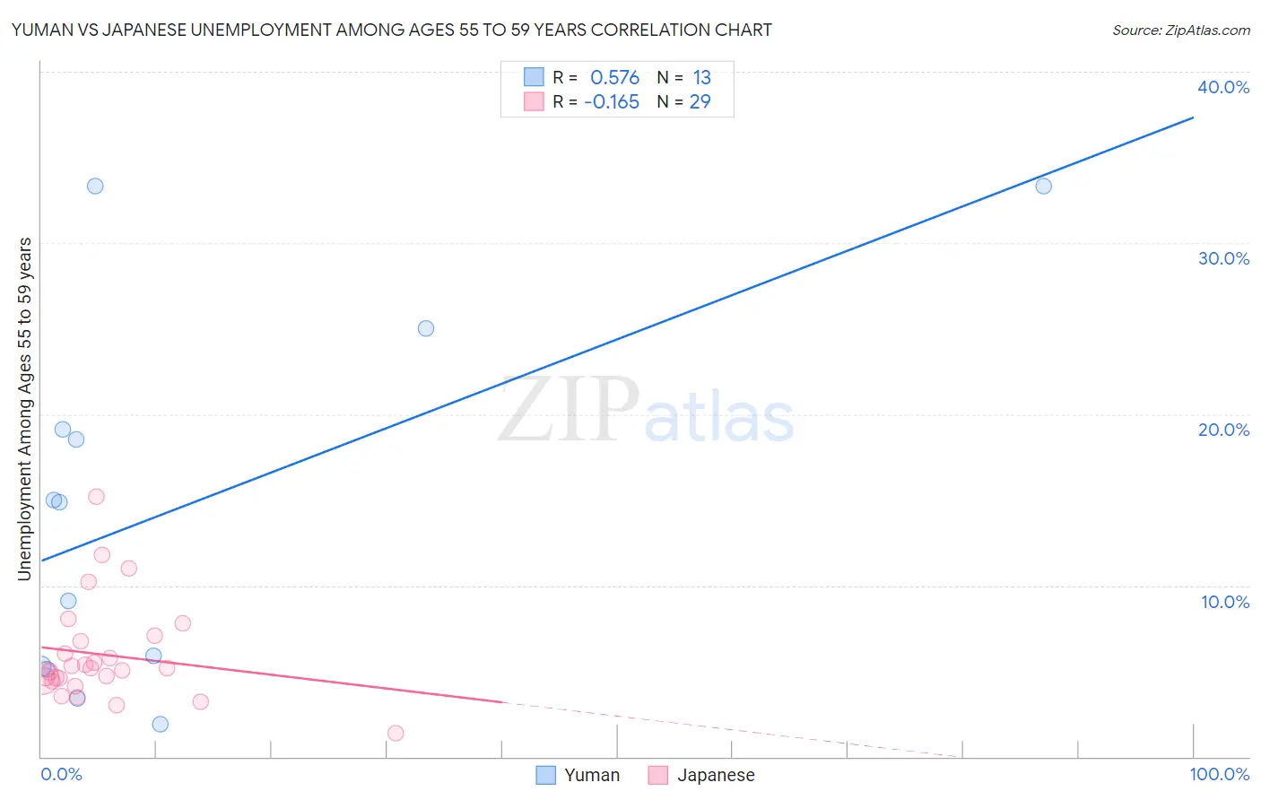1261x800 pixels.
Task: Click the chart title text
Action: click(391, 30)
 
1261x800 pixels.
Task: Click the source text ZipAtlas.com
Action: click(1180, 30)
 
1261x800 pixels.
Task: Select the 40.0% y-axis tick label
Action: click(1223, 87)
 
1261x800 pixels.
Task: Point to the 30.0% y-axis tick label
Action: click(1223, 258)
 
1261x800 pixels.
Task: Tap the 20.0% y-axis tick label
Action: click(1223, 430)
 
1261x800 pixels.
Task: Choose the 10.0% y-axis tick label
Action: click(1225, 602)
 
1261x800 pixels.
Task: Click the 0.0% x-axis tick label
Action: click(61, 774)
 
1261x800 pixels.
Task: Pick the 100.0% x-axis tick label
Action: click(1219, 774)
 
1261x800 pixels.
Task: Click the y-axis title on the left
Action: click(24, 409)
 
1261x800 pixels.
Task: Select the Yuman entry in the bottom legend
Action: click(578, 775)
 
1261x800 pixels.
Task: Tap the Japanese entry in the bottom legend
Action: click(701, 775)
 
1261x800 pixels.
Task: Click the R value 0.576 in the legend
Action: click(614, 78)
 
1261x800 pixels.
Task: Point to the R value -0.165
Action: click(612, 102)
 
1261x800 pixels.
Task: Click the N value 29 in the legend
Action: click(700, 102)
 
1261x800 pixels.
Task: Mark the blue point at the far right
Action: click(1043, 187)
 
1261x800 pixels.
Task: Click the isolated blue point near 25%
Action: click(426, 328)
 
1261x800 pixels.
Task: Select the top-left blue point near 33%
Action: click(95, 187)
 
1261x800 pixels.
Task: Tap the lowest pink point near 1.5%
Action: click(396, 733)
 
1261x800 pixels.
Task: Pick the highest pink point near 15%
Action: click(96, 496)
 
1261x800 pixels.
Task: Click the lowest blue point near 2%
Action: click(160, 724)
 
